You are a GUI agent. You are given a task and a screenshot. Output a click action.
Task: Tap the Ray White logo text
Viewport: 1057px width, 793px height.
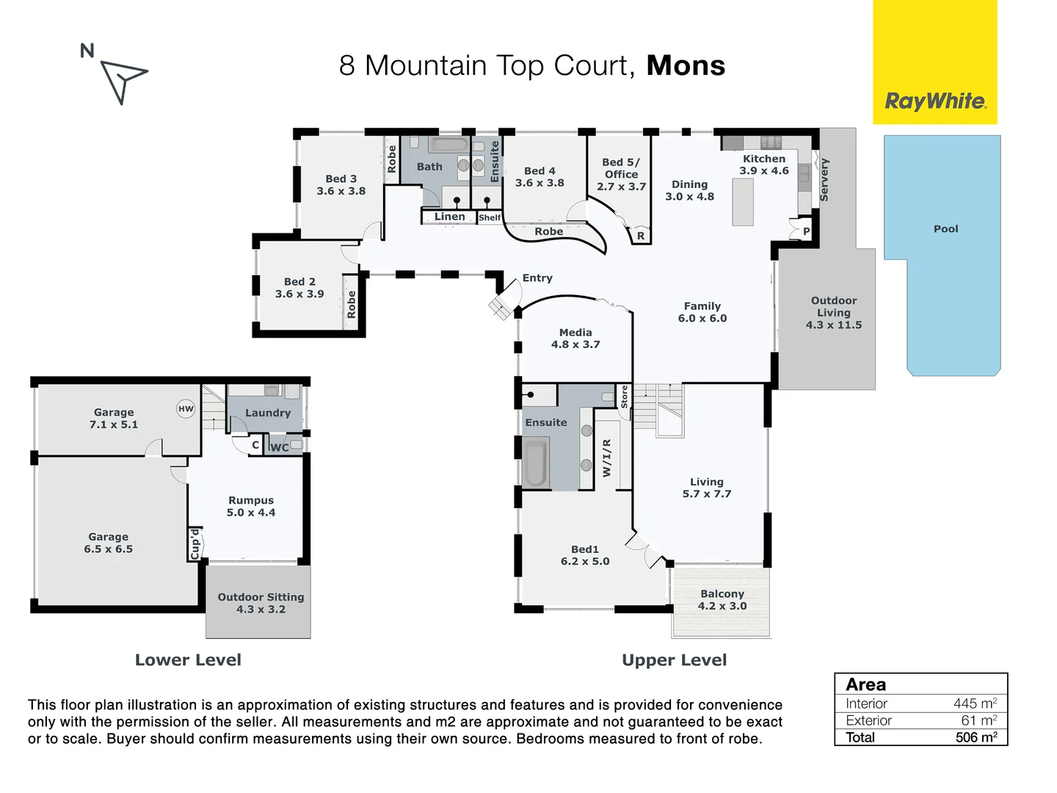(x=935, y=101)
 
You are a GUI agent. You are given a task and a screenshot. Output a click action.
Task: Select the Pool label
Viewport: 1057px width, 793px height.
(x=945, y=228)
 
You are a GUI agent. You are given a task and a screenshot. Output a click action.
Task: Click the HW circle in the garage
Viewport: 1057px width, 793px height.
(x=186, y=409)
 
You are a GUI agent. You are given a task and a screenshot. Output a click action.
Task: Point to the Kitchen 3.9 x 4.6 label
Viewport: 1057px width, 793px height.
(x=763, y=164)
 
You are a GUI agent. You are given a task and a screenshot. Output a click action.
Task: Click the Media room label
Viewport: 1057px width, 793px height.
(x=575, y=338)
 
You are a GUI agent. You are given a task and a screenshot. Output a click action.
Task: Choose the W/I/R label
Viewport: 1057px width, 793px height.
(x=606, y=458)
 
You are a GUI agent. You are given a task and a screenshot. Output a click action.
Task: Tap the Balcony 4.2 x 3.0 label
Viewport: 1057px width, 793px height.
(x=722, y=600)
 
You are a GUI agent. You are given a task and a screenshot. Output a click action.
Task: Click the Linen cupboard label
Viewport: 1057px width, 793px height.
(x=449, y=217)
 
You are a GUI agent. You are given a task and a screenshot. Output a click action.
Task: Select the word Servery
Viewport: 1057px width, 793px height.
(x=824, y=180)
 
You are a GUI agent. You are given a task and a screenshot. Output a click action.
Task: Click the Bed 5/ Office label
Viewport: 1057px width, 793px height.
(x=621, y=174)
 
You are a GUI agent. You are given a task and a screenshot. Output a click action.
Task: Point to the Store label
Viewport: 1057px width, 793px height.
(x=624, y=396)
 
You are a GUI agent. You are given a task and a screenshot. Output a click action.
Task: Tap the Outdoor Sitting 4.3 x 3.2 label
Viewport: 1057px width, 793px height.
(x=261, y=603)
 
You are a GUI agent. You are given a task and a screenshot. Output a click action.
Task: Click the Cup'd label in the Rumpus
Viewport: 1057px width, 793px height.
(x=195, y=544)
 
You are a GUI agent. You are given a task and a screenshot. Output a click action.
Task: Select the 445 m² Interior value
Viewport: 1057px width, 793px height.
(x=975, y=703)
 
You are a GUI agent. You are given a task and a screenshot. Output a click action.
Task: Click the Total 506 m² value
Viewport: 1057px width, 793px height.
(x=976, y=737)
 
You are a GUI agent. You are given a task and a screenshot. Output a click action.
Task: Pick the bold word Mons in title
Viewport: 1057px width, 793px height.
(x=686, y=65)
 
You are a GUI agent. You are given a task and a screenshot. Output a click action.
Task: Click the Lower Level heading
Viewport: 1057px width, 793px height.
(x=188, y=659)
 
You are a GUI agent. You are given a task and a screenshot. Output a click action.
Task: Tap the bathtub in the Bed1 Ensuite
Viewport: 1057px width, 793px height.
(x=536, y=463)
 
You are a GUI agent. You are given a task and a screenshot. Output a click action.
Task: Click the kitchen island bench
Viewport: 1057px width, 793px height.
(x=743, y=202)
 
